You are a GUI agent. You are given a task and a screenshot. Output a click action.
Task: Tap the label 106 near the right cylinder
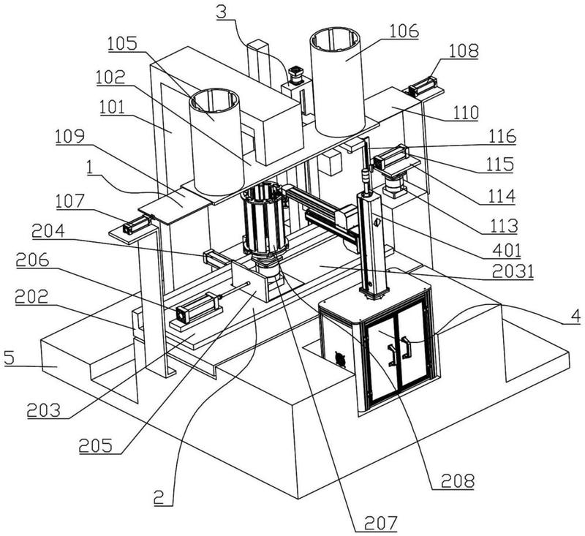coord(404,31)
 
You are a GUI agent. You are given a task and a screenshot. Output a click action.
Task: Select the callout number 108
coord(464,51)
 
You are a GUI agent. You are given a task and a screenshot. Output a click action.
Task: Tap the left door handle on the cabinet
coord(393,352)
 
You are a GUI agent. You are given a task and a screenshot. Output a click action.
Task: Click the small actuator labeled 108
coord(423,88)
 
